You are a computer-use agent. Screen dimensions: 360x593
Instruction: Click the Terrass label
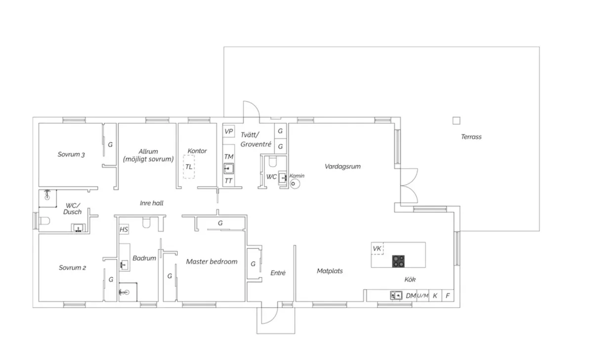click(471, 137)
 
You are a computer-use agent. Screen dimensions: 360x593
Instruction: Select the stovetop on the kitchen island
click(399, 261)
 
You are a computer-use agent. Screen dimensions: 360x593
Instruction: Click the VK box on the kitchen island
click(378, 248)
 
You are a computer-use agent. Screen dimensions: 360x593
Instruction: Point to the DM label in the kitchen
click(411, 296)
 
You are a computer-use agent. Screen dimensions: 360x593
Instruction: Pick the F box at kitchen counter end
click(448, 296)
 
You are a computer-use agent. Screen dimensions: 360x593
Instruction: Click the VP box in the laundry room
click(228, 132)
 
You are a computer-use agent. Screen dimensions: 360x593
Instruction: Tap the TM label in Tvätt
click(228, 157)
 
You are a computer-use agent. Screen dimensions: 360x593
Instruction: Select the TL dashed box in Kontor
click(189, 167)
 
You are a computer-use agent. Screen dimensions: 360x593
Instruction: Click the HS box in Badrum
click(124, 229)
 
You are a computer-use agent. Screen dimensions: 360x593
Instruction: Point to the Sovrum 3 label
click(71, 154)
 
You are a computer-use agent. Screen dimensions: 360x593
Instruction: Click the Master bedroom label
click(212, 262)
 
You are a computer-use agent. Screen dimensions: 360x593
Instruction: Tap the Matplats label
click(330, 271)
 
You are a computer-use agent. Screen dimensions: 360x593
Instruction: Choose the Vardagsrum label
click(342, 167)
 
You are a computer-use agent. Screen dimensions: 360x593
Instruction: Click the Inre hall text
click(151, 203)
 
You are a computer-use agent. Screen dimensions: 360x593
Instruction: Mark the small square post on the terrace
click(456, 120)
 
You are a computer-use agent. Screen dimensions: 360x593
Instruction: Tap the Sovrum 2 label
click(72, 268)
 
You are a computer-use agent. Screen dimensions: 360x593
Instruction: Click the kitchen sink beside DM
click(395, 296)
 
